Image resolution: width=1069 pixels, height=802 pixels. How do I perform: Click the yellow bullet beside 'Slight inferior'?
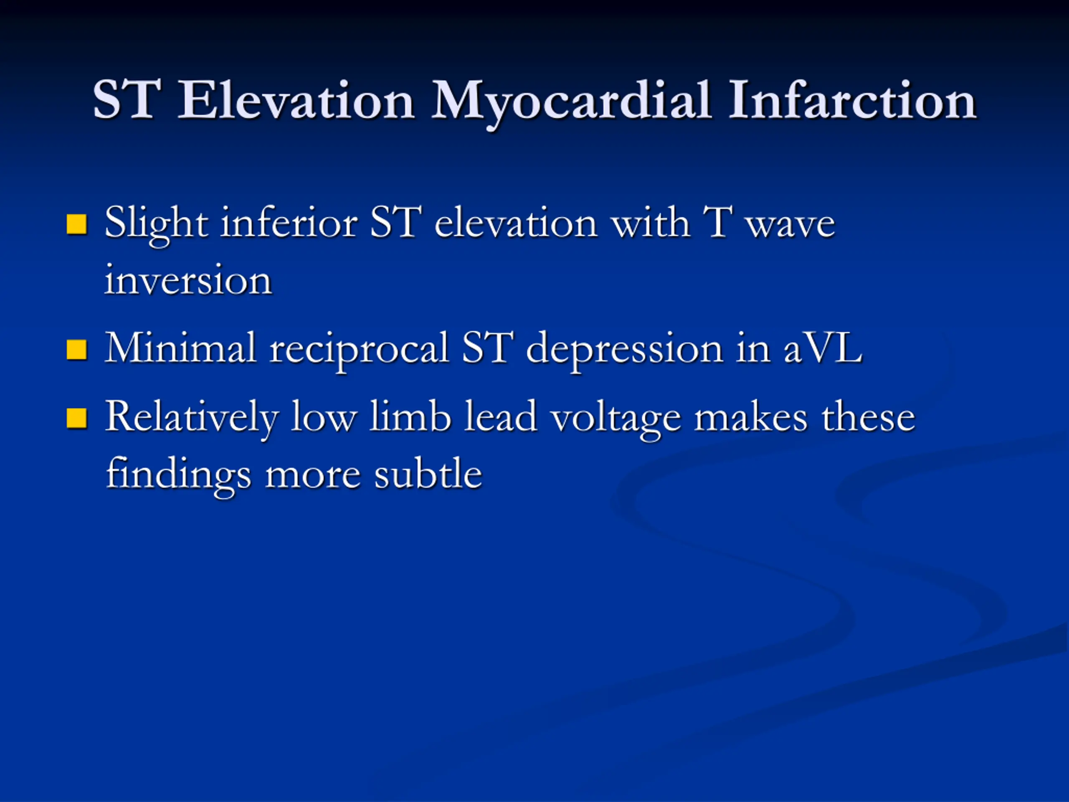tap(76, 224)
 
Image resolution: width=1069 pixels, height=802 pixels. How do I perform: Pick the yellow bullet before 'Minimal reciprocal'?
tap(76, 350)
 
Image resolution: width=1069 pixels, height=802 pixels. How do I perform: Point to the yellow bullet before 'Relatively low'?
tap(76, 418)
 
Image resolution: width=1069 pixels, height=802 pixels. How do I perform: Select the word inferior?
tap(289, 222)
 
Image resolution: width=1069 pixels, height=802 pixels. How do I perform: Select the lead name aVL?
tap(823, 348)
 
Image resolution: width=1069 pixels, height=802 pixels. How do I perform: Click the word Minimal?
tap(180, 347)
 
